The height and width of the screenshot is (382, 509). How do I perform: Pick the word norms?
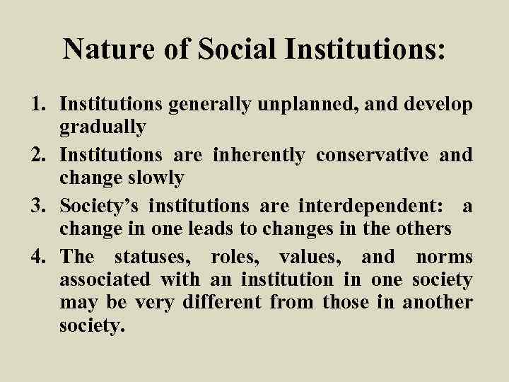pyautogui.click(x=444, y=257)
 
